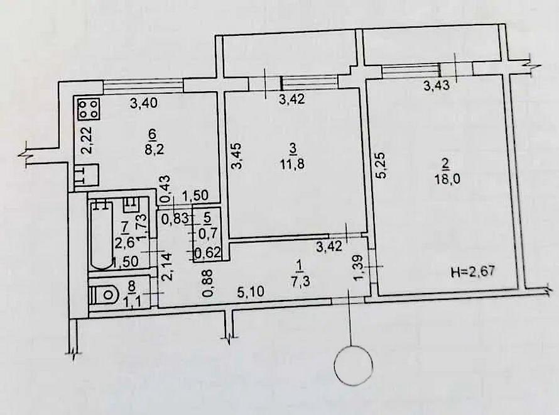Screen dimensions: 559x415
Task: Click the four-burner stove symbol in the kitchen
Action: tap(88, 109)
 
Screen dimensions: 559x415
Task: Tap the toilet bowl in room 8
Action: tap(107, 294)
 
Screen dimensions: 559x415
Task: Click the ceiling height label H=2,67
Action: tap(473, 272)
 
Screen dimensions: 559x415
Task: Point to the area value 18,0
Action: tap(447, 178)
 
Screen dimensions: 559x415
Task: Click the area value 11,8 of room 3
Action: tap(292, 165)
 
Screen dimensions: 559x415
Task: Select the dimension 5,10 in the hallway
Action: tap(251, 292)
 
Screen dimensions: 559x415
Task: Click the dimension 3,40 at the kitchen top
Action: tap(144, 104)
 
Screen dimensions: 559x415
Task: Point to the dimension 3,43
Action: tap(436, 86)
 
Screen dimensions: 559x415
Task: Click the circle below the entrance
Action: tap(354, 366)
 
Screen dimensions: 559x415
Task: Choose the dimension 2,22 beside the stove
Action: tap(87, 140)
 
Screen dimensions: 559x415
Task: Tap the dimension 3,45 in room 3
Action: tap(236, 155)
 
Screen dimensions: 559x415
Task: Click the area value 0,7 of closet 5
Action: tap(207, 234)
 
